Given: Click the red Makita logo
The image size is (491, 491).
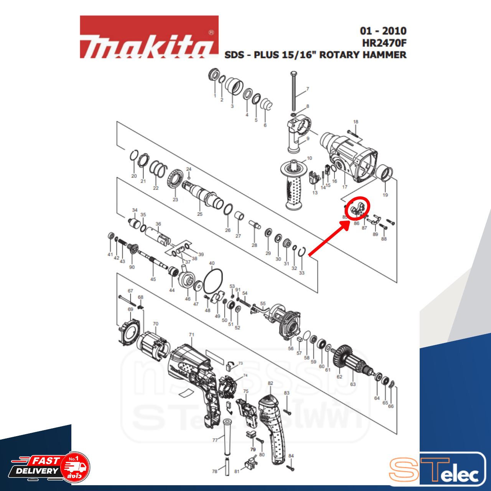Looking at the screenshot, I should [149, 37].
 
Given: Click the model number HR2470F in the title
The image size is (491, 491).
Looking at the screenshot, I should [384, 43].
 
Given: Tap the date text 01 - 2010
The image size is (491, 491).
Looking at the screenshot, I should [383, 31].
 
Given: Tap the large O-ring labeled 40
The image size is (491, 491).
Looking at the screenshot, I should [213, 281].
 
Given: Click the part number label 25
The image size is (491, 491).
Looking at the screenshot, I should [200, 214].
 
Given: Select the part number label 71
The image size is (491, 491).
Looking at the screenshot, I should [191, 335].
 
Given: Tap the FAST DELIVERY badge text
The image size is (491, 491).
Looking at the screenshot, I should [38, 466].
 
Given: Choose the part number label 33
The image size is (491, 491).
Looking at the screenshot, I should [302, 273].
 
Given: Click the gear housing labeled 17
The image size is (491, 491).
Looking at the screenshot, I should [349, 157].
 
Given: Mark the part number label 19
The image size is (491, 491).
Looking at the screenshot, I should [385, 195].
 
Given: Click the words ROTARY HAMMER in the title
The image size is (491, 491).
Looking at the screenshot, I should [363, 55].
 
